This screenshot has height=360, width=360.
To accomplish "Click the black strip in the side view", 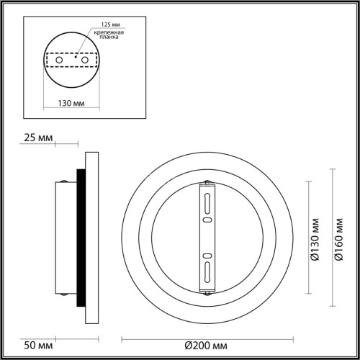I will (x=81, y=238).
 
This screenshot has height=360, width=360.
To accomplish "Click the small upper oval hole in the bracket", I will (x=207, y=220).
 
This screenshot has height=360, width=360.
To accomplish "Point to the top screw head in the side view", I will (x=66, y=180).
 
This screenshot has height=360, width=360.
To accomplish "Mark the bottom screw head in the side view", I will (x=66, y=295).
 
